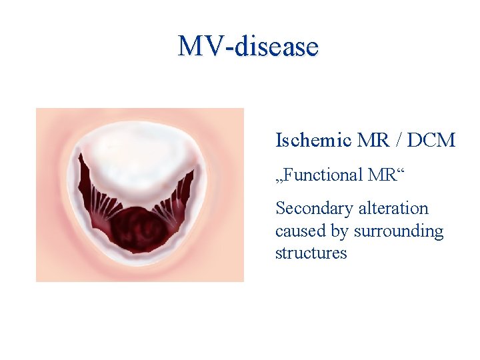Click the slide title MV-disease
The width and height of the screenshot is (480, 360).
point(248,47)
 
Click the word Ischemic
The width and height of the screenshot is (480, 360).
point(313,141)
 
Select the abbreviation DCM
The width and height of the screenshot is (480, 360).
point(431,141)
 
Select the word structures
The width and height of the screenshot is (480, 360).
point(311,253)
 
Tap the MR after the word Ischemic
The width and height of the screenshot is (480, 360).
point(371,141)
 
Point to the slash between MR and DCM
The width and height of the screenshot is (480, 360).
point(396,141)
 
